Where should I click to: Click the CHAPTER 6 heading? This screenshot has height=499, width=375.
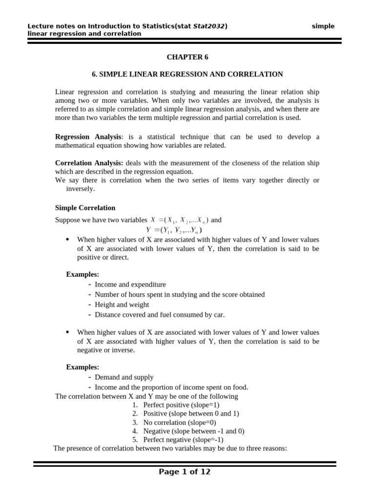click(187, 57)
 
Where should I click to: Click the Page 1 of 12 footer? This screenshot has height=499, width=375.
click(185, 472)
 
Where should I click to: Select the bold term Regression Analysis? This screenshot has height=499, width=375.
click(87, 137)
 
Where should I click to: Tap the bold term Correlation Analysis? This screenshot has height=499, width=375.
click(89, 163)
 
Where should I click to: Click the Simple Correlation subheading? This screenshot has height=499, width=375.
click(85, 208)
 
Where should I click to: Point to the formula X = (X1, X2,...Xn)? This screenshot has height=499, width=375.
click(180, 220)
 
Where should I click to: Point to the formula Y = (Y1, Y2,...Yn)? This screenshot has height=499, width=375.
click(174, 230)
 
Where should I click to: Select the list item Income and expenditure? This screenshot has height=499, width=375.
click(130, 285)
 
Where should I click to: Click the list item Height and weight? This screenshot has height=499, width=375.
click(122, 305)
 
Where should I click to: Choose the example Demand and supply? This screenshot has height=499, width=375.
click(124, 377)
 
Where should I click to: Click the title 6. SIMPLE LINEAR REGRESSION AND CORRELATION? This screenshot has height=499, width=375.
click(187, 74)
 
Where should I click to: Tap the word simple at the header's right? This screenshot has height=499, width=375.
click(323, 26)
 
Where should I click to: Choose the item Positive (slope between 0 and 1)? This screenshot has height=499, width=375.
click(191, 414)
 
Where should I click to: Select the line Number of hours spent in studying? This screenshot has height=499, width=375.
click(180, 294)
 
